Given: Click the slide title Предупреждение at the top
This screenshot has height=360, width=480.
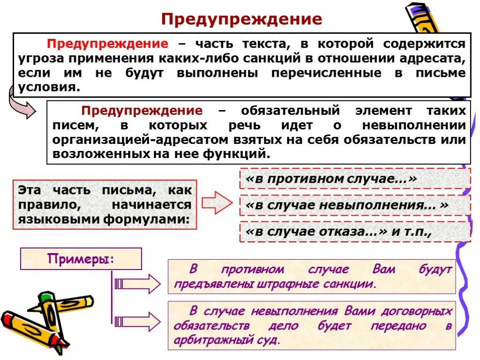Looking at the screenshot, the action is [x=242, y=19].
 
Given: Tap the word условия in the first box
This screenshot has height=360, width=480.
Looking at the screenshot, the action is [x=46, y=87].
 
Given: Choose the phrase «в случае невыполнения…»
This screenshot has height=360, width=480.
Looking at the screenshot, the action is [x=347, y=205].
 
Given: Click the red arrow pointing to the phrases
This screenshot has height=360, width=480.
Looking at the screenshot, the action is [x=217, y=202].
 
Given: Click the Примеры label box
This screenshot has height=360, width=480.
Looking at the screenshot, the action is [x=81, y=259].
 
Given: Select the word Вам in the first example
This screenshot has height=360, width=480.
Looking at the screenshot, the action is [x=384, y=270].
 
